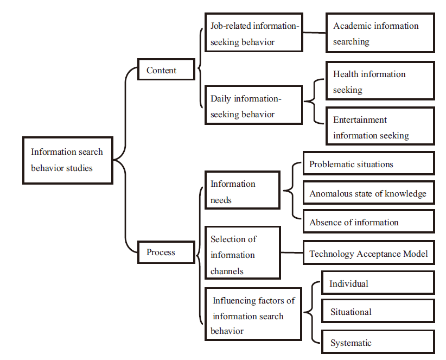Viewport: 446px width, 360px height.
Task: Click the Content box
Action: pos(166,70)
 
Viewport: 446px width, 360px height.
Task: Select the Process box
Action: pos(166,252)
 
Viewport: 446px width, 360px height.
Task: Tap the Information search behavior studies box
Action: pos(68,161)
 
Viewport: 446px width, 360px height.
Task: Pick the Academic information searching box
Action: pos(380,33)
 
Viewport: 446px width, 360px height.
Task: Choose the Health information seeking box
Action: pos(380,81)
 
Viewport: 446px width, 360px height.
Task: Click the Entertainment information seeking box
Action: pos(380,126)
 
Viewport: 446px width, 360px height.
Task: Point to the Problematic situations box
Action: pos(369,163)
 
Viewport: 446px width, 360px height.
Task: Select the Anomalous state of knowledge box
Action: pos(369,193)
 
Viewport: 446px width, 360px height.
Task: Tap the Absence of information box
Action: pos(369,222)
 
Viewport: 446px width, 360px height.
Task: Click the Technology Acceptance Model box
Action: pos(369,252)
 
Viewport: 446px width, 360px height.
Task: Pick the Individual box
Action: pos(378,282)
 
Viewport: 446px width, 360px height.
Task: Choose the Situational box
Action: pos(378,311)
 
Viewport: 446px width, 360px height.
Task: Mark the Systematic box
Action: pos(378,342)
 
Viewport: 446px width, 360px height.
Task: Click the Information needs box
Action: pos(243,190)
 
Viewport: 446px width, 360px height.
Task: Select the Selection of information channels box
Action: pos(243,252)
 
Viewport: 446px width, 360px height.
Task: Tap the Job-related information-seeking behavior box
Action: pos(254,33)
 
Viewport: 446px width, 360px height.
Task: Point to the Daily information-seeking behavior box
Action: pos(253,105)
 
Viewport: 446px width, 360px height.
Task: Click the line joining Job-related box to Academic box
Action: pos(314,33)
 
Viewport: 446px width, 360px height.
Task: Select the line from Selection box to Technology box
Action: pos(292,252)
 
